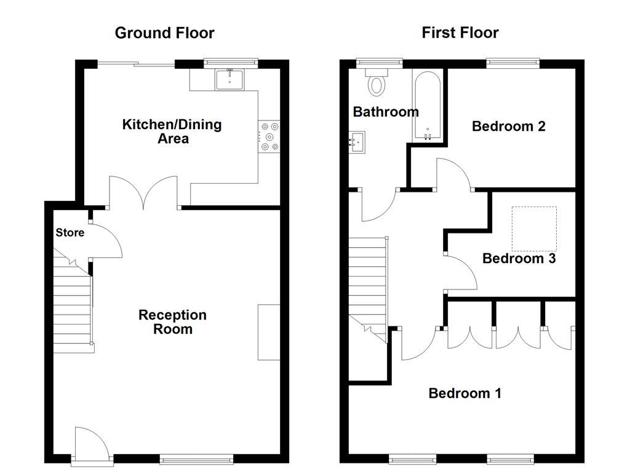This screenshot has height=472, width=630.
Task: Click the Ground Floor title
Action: point(164,33)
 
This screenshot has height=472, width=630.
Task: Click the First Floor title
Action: point(460,33)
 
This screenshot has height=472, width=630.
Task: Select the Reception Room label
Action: point(172,322)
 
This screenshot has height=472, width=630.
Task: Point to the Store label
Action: point(70,233)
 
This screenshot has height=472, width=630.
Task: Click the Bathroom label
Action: point(386,112)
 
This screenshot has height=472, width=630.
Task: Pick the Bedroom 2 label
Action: point(509,126)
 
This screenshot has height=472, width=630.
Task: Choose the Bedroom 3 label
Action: point(519,258)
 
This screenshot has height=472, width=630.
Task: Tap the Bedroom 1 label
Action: point(465,393)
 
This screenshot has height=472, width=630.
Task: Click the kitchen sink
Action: point(229,79)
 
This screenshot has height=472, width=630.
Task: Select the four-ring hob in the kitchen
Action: point(269,136)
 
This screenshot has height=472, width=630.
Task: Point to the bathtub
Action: point(427,106)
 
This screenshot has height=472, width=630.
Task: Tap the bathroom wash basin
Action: point(356,142)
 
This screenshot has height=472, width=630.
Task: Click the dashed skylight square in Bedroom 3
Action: point(534,229)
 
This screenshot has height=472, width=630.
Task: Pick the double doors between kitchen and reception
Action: point(144,193)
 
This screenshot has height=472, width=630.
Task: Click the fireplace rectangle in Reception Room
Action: point(269,332)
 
